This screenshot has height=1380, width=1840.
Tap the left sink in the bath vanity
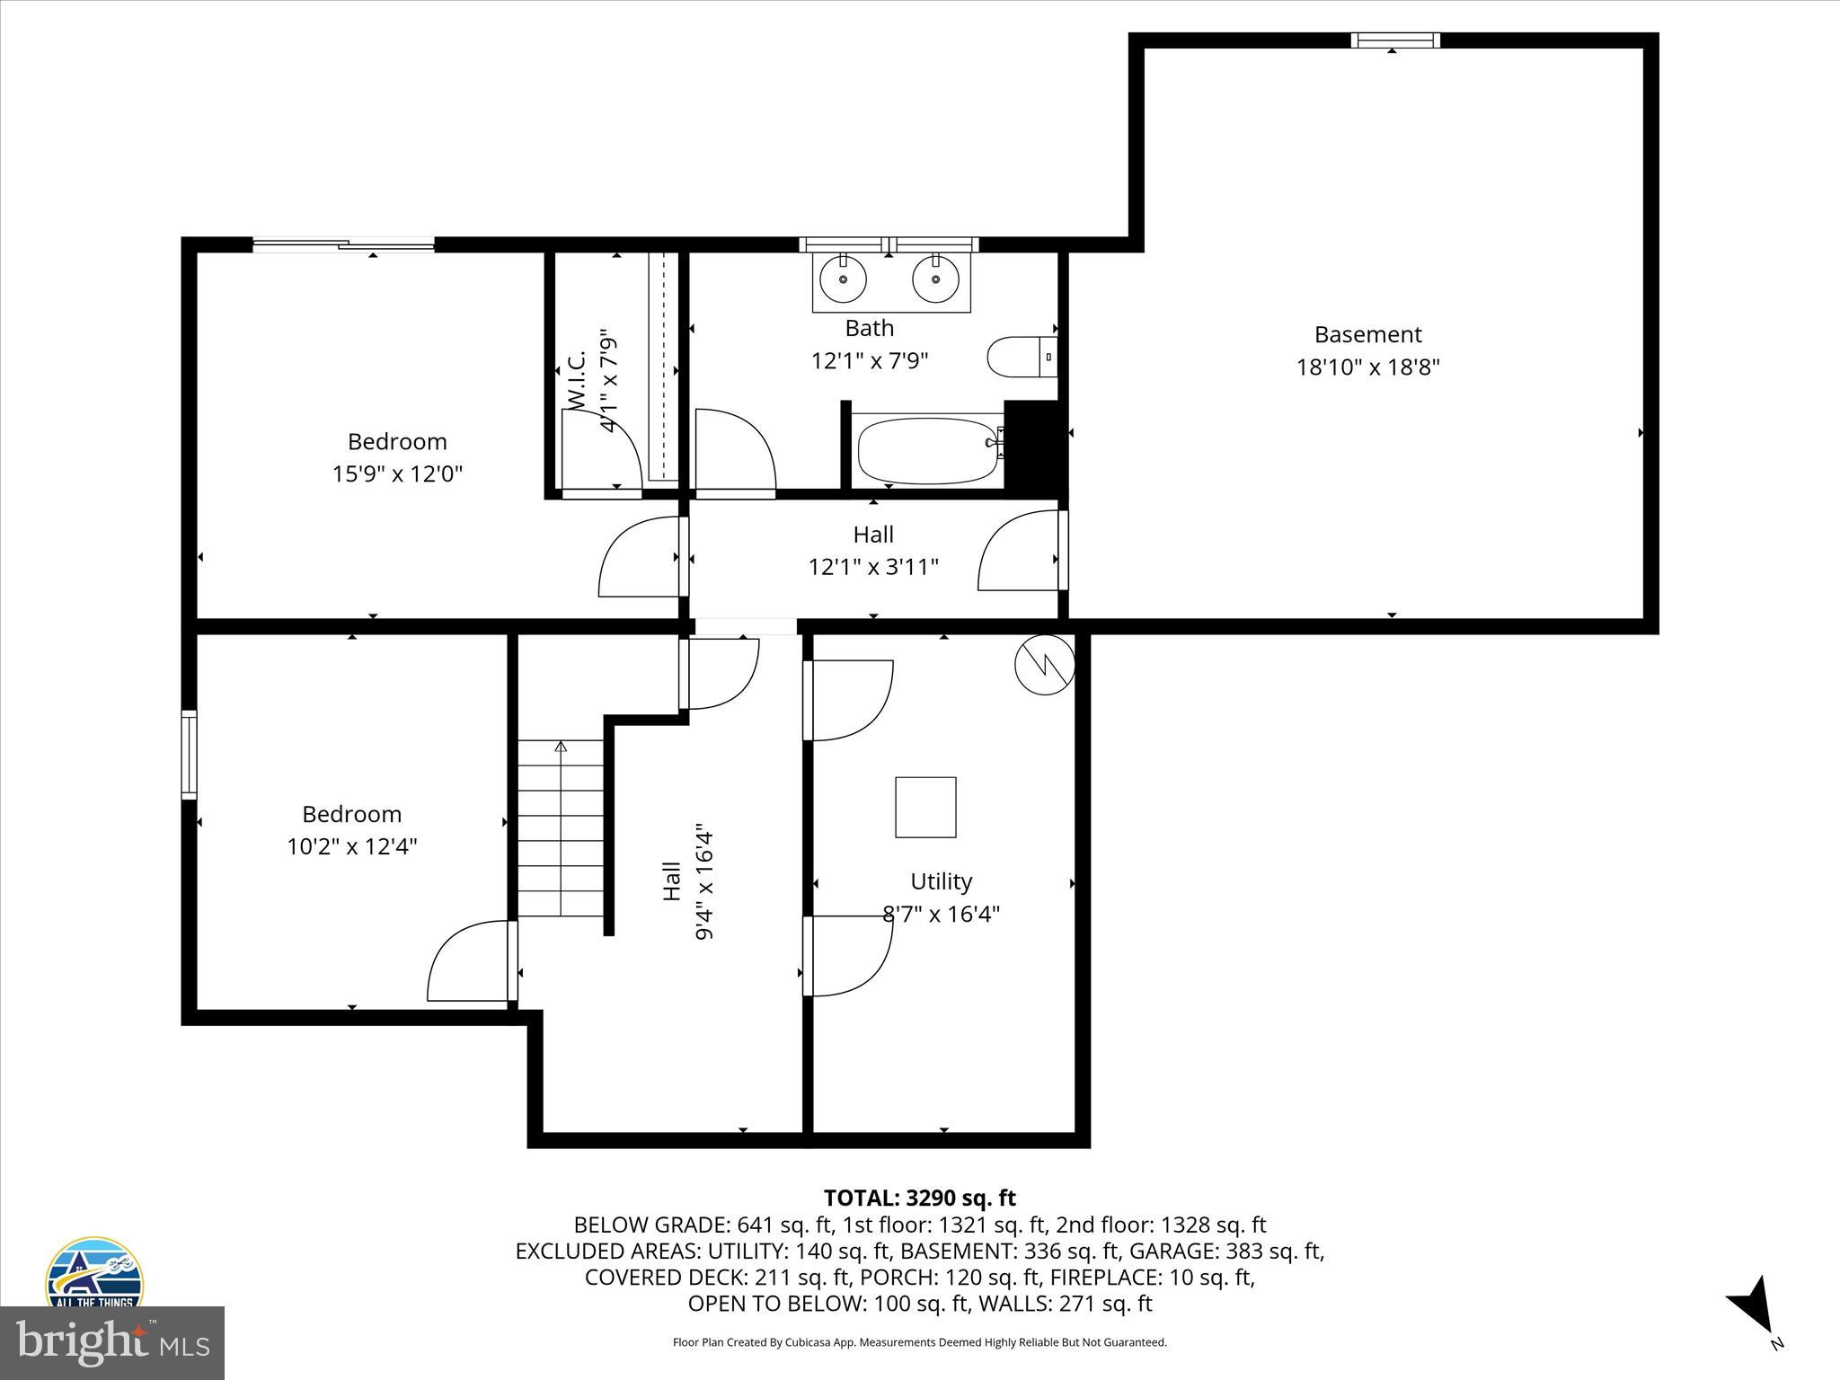click(844, 279)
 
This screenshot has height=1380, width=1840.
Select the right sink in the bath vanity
click(936, 279)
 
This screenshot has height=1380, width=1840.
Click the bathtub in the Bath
click(928, 451)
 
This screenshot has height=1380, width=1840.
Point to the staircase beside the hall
click(561, 827)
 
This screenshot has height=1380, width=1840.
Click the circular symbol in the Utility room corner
click(1044, 666)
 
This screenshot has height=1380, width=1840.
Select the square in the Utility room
click(924, 807)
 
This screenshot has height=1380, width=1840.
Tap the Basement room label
click(1367, 335)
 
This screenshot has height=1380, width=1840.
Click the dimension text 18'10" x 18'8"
click(1367, 367)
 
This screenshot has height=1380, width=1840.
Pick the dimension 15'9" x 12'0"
click(397, 474)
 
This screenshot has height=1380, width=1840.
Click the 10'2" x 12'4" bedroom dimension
click(351, 846)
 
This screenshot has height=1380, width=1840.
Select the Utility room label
click(941, 881)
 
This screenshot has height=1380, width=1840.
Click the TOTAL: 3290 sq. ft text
click(919, 1198)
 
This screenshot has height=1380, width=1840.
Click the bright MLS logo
click(112, 1342)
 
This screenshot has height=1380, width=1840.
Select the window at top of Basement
click(1395, 40)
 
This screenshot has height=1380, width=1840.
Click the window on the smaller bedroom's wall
click(189, 755)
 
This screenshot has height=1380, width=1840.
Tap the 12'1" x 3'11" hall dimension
click(873, 567)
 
